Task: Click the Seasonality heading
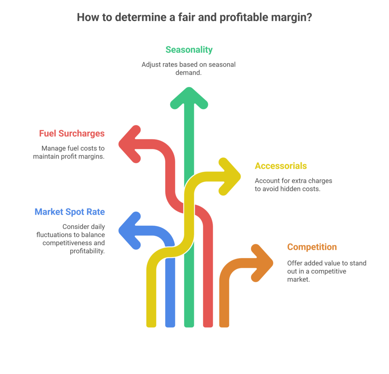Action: point(189,50)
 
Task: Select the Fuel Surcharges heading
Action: point(72,134)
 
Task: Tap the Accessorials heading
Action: point(281,166)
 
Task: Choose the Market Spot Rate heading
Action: point(70,212)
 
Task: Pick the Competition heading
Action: point(312,247)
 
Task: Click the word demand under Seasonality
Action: point(188,72)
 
